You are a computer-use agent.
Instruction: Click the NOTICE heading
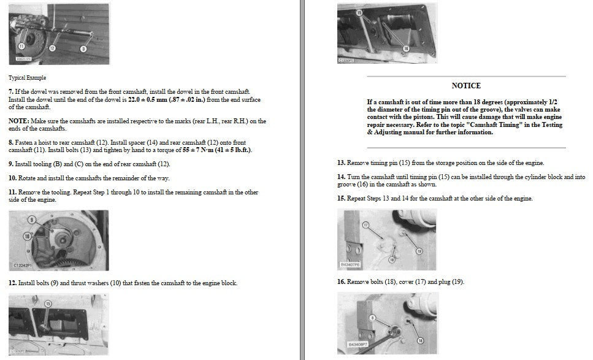466,86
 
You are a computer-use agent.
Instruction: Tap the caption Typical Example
27,78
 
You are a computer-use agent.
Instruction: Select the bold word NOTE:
18,121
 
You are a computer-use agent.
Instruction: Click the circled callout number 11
21,46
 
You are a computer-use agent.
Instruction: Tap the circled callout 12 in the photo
52,48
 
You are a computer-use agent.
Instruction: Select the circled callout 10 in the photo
27,237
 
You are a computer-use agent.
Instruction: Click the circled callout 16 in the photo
406,48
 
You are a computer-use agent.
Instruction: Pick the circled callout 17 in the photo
365,225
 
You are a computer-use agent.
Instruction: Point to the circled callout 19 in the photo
419,251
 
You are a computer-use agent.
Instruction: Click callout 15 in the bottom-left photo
48,304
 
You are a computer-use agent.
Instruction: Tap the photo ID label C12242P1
23,266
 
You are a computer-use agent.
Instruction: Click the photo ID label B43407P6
350,265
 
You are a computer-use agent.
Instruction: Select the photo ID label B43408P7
358,345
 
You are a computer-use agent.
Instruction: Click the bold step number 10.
12,178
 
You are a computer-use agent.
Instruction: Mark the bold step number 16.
341,281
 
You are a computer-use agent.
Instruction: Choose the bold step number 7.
10,92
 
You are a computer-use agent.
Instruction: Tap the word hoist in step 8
45,142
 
